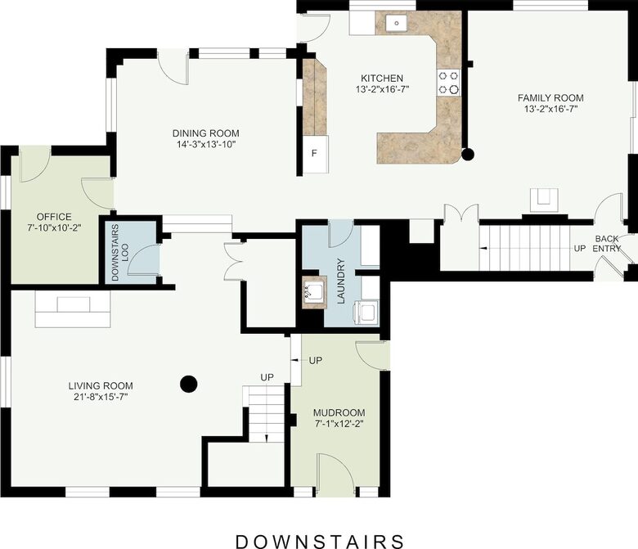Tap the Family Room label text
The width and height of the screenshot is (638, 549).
point(550,97)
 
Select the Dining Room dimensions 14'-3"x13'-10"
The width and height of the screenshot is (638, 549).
point(205,144)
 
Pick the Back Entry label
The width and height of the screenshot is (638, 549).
point(606,243)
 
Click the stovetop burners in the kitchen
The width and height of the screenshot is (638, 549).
point(448,81)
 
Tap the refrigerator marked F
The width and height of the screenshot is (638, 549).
point(314,153)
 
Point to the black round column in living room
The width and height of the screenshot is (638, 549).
point(188,382)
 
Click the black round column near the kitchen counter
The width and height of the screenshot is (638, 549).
point(468,153)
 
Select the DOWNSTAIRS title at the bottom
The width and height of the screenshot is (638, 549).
point(319,541)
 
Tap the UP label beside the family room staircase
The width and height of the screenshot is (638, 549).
point(579,248)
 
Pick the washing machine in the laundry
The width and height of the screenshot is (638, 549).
point(366,312)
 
